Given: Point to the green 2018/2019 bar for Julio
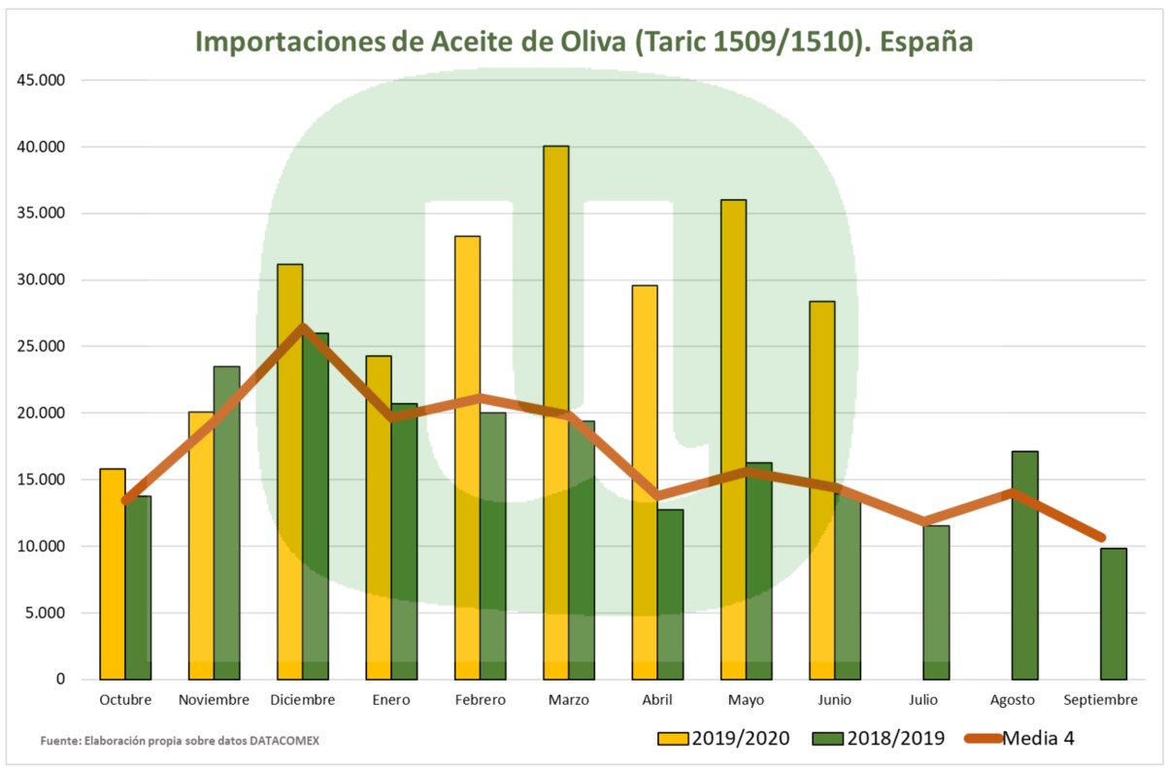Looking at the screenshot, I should click(936, 602).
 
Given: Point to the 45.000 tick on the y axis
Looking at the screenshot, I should click(40, 81).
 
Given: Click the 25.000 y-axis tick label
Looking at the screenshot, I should click(40, 347).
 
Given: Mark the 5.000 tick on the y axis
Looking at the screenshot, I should click(44, 613).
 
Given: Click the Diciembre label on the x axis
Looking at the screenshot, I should click(303, 699).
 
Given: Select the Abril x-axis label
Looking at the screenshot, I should click(657, 699).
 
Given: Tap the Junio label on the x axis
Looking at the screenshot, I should click(835, 699).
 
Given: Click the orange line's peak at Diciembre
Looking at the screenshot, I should click(304, 327).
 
